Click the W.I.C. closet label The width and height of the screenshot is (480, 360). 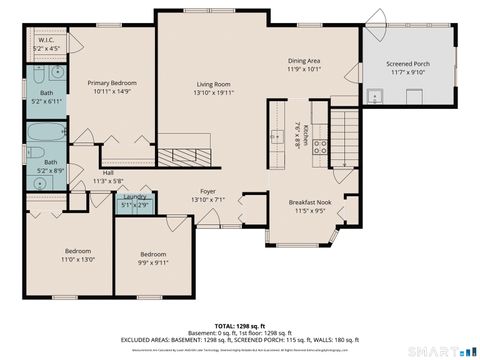click(x=46, y=44)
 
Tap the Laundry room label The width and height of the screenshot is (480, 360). click(x=135, y=197)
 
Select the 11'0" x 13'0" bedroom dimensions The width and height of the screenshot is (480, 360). click(x=79, y=259)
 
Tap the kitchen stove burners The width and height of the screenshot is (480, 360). click(x=321, y=147)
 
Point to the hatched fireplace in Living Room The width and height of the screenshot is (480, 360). click(x=183, y=155)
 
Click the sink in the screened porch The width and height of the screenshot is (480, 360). click(x=374, y=97)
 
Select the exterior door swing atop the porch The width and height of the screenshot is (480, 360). click(x=375, y=17)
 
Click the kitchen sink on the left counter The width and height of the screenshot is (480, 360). click(x=276, y=135)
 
